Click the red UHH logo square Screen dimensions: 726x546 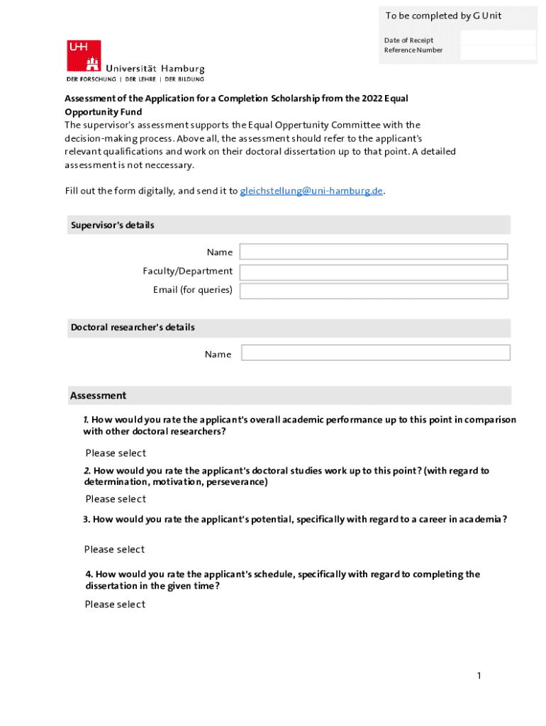point(84,56)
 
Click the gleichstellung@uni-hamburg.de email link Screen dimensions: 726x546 point(311,191)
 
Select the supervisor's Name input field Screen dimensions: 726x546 point(374,252)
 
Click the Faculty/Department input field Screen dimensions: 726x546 point(374,272)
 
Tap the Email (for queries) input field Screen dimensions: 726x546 point(374,291)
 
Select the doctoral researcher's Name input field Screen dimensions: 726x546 point(375,352)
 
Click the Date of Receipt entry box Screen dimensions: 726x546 point(498,38)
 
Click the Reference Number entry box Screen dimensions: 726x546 point(498,52)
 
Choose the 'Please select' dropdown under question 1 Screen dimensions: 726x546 point(116,453)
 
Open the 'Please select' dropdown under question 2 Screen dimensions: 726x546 point(116,498)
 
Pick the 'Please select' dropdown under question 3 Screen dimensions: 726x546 point(114,549)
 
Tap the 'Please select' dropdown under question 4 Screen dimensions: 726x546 point(115,604)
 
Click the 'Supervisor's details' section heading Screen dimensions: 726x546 point(112,225)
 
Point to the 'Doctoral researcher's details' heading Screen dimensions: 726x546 point(133,328)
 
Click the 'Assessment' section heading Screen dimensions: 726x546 point(98,396)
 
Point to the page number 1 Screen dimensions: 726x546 point(479,676)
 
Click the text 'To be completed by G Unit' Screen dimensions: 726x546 point(443,16)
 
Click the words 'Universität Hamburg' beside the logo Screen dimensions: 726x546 point(155,69)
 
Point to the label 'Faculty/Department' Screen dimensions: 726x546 point(187,272)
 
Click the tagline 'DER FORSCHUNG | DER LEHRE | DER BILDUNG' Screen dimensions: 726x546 point(135,79)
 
